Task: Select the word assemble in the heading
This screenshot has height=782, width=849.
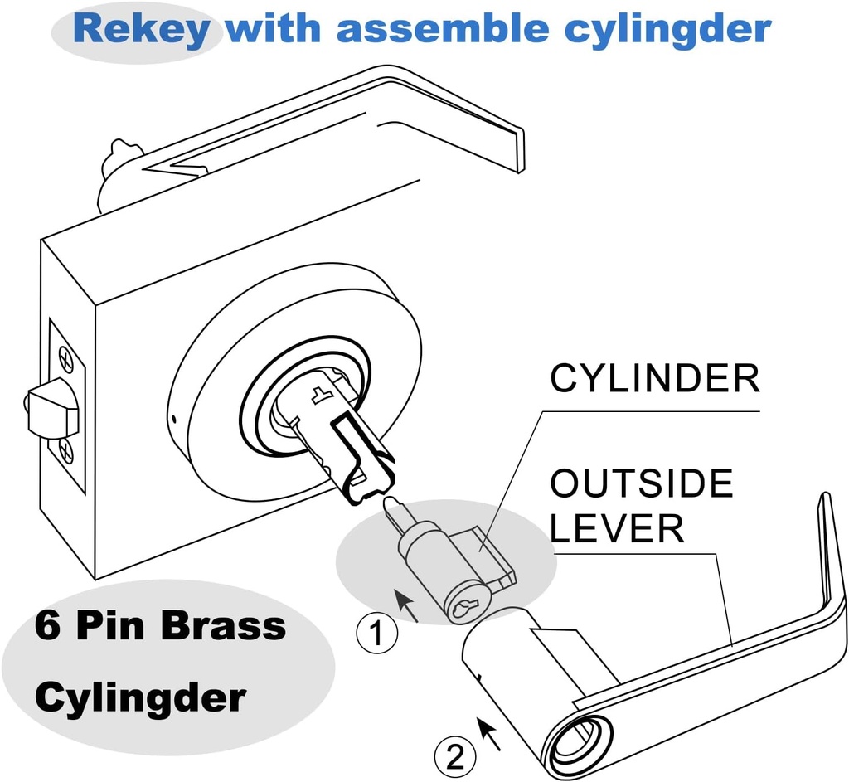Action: (x=439, y=29)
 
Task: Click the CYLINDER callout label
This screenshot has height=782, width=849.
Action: (x=655, y=379)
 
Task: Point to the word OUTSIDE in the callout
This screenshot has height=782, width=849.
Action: (x=642, y=484)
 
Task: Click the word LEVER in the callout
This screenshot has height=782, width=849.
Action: (x=618, y=528)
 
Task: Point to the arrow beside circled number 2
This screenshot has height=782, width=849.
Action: (x=489, y=732)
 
